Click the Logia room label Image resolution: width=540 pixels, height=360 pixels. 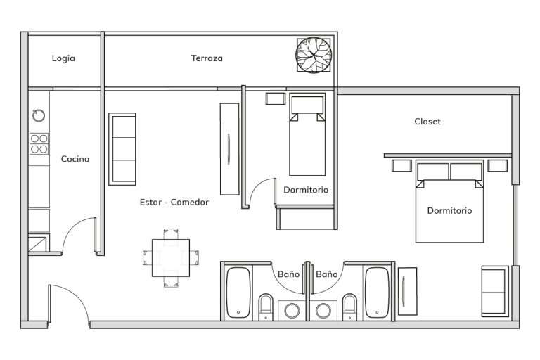63,58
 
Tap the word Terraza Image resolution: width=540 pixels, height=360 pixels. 207,58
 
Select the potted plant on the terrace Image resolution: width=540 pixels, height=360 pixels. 314,55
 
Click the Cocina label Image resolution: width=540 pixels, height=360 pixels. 75,159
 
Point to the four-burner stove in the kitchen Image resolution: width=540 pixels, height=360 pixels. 39,143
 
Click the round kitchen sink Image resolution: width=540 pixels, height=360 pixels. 39,115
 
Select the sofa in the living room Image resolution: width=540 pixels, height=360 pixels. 122,149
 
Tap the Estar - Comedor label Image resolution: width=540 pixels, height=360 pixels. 174,202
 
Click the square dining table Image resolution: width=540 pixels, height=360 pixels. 171,258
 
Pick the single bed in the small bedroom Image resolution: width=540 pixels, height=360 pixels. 307,134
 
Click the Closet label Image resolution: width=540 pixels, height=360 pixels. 427,121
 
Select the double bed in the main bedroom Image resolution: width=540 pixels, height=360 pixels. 449,201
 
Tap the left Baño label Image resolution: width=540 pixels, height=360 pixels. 288,274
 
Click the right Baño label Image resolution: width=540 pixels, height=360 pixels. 327,274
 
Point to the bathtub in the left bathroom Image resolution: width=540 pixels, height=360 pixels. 238,292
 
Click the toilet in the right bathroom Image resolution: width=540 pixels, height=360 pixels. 350,307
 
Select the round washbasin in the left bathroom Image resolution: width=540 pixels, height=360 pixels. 292,310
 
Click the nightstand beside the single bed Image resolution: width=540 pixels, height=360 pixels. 276,99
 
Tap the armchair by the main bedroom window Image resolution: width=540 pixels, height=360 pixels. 495,291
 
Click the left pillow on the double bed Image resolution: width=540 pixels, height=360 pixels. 432,172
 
